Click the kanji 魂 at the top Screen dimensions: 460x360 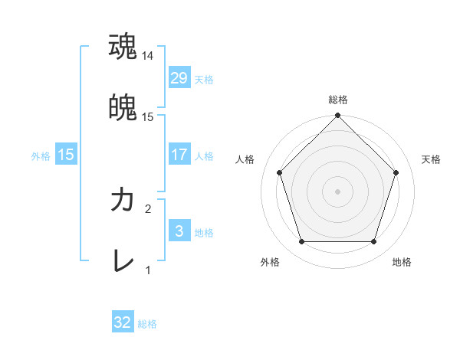[123, 46]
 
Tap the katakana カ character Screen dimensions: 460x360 [123, 201]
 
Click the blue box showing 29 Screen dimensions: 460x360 [179, 78]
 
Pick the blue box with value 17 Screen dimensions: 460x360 [179, 155]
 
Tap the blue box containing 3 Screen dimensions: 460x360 [179, 231]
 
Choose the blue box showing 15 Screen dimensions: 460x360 [66, 155]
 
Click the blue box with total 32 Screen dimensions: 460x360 [123, 322]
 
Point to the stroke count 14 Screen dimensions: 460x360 [148, 56]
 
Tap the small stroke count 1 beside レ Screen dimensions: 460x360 [148, 270]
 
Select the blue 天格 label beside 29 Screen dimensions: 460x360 [204, 79]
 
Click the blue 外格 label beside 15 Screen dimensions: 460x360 [41, 155]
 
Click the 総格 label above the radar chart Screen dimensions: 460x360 [337, 100]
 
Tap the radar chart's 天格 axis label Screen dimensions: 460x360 [432, 159]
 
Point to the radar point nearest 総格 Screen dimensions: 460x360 [337, 116]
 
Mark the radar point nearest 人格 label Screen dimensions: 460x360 [279, 172]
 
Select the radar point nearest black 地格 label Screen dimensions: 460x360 [373, 242]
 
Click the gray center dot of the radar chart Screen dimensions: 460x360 [337, 191]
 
